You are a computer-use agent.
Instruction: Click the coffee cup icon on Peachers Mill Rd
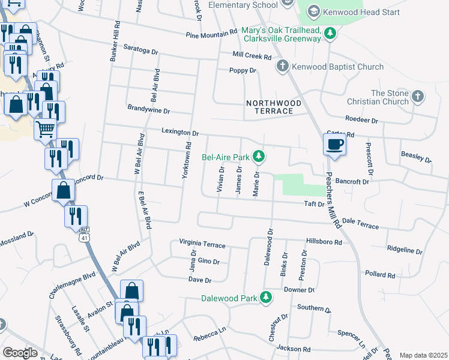335,144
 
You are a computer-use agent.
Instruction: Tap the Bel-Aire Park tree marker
259,157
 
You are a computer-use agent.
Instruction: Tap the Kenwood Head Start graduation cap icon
313,11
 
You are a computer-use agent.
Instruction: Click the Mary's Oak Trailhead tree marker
330,34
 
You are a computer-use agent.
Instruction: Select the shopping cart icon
46,129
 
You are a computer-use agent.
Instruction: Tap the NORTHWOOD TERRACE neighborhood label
270,107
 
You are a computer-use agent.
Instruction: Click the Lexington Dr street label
179,131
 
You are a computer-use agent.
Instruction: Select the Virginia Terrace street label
202,245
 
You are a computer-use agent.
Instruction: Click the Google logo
20,353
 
